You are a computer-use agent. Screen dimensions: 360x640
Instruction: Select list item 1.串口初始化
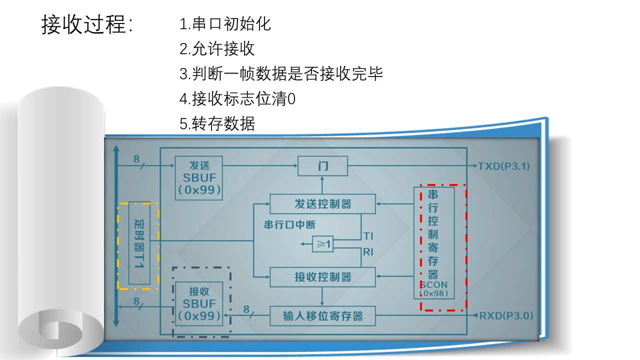click(x=225, y=24)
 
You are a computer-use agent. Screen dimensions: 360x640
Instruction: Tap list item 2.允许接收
click(x=217, y=49)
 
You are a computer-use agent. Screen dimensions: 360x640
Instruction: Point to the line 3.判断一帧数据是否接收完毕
click(x=281, y=74)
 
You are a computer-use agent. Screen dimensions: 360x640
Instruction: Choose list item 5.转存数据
click(x=217, y=123)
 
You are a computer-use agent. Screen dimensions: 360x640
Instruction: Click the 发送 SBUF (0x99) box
click(x=199, y=177)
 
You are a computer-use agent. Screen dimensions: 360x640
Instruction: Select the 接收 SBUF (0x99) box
click(x=199, y=303)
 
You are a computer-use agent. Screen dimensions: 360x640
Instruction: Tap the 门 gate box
click(x=322, y=166)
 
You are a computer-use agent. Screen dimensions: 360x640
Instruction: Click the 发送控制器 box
click(x=322, y=204)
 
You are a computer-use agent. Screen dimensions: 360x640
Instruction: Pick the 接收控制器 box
click(x=322, y=277)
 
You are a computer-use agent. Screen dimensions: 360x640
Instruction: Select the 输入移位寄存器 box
click(x=322, y=316)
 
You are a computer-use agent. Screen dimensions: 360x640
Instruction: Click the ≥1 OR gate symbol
click(x=322, y=244)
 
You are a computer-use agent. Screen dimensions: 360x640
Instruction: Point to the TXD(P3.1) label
click(x=504, y=166)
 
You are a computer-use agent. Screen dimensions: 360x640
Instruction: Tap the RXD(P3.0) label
click(x=506, y=316)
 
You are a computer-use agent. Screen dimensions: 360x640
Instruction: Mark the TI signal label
click(x=368, y=235)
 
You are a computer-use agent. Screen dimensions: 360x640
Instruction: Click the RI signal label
click(x=368, y=252)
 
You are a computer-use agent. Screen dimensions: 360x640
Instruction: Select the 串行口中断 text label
click(x=290, y=224)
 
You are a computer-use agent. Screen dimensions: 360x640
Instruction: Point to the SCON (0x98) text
click(x=433, y=288)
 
